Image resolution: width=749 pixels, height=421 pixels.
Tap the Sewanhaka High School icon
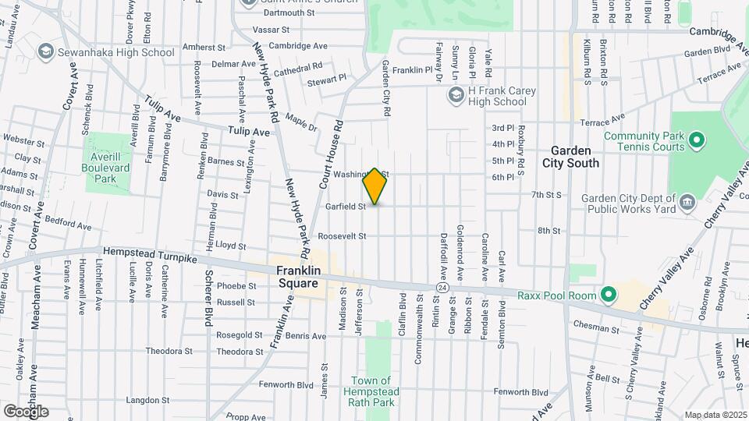[x=46, y=52]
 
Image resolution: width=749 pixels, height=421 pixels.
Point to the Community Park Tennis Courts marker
[x=697, y=141]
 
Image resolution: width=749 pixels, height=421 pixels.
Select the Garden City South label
[x=575, y=156]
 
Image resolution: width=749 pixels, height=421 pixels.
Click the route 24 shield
[x=442, y=288]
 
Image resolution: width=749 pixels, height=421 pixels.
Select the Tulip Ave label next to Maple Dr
[x=249, y=133]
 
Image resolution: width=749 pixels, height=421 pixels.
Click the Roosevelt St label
[x=342, y=236]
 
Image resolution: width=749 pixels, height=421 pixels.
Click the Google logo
[x=26, y=411]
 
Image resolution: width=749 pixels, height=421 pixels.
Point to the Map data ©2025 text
[x=715, y=415]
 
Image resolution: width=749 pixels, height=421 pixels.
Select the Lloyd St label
[x=230, y=245]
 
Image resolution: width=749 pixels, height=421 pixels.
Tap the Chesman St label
[x=596, y=330]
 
